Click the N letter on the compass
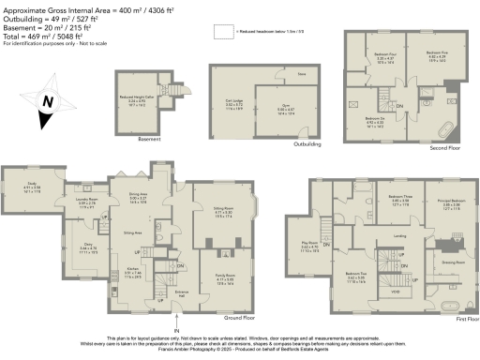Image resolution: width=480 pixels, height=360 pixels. click(x=49, y=98)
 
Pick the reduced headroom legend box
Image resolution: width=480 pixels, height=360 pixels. click(x=223, y=32)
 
